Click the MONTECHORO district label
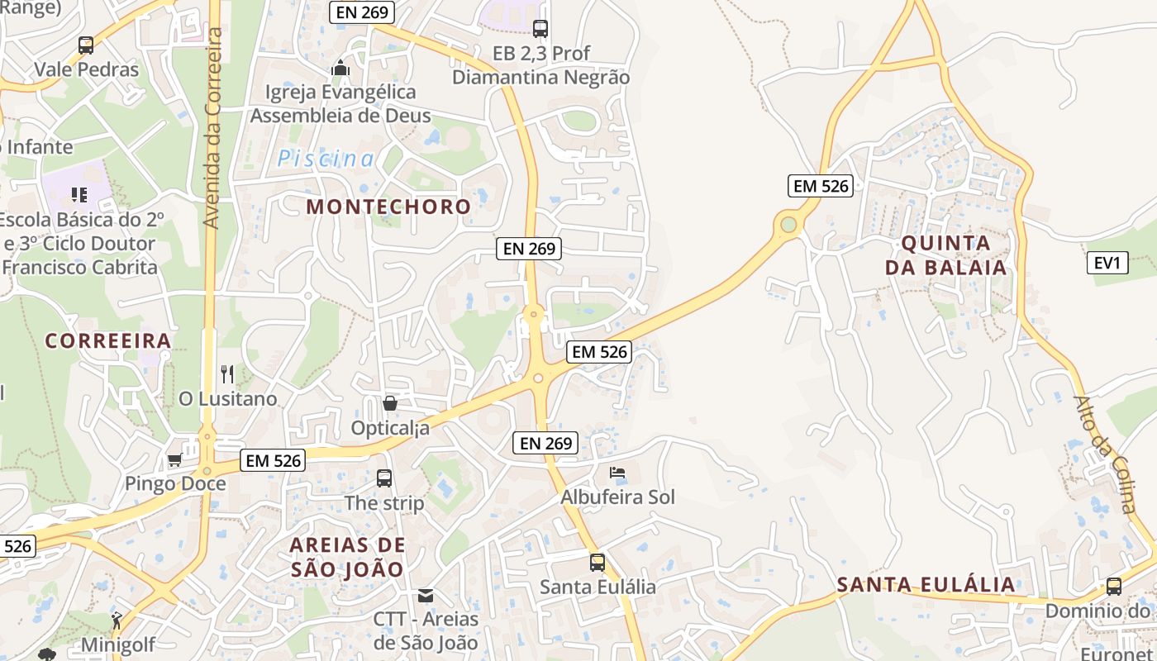coord(388,207)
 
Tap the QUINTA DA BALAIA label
coord(946,255)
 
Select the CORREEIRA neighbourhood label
coord(108,340)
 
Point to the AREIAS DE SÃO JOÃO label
coord(348,557)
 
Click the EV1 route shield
coord(1107,264)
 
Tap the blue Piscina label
coord(326,159)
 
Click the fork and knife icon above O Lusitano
coord(228,374)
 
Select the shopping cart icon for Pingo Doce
coord(174,459)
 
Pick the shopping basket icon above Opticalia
coord(390,403)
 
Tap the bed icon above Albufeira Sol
coord(617,473)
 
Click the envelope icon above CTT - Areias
coord(426,595)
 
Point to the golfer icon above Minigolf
coord(117,621)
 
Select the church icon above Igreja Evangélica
coord(340,69)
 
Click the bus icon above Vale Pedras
coord(86,45)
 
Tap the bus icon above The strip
coord(384,478)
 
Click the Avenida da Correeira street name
coord(213,128)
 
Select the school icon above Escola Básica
coord(79,195)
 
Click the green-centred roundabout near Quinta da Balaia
coord(788,224)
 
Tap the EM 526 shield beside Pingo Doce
coord(274,460)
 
